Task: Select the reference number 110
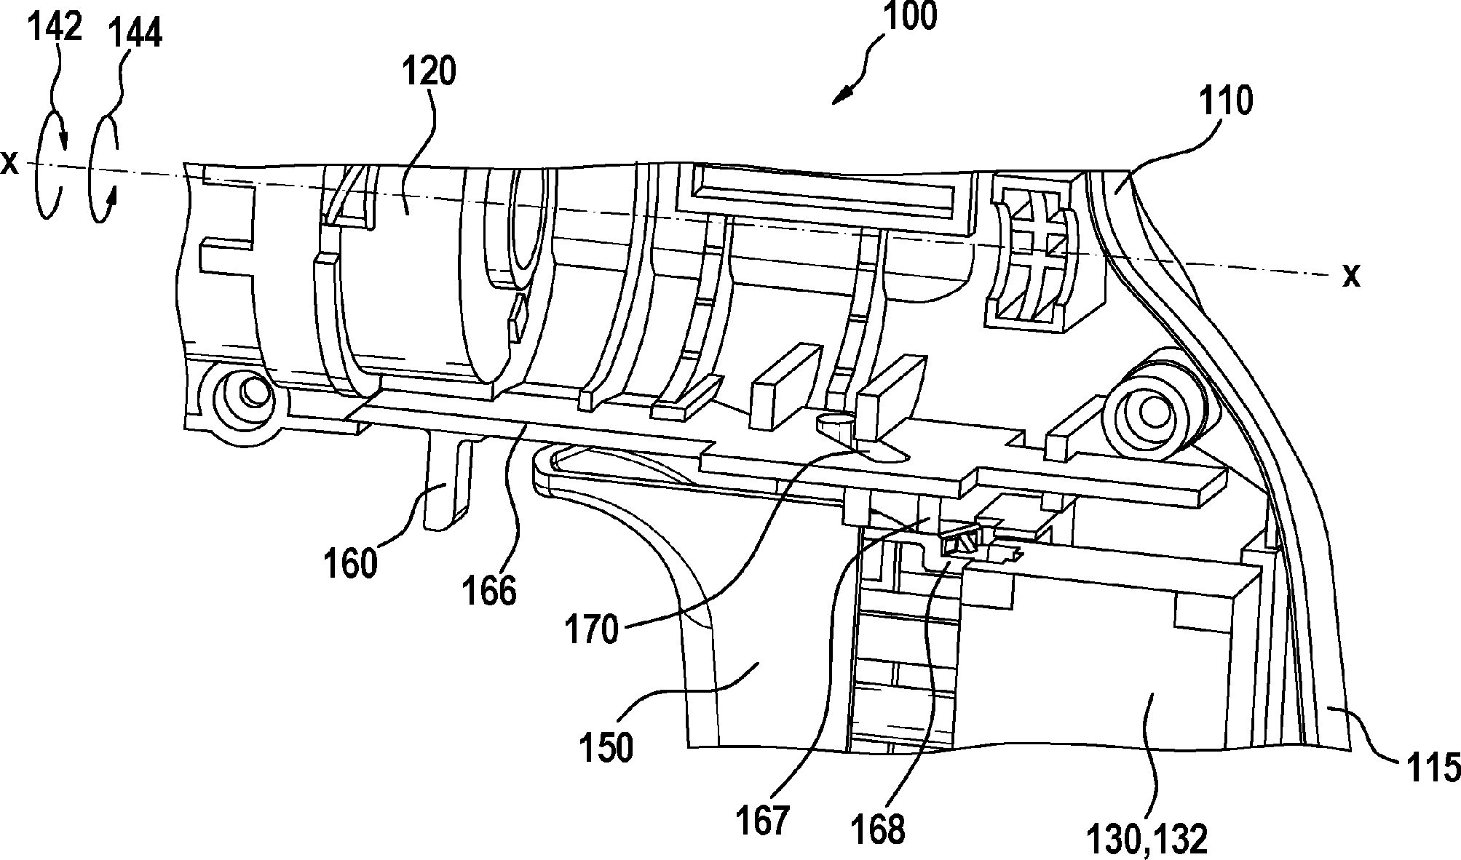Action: click(x=1227, y=102)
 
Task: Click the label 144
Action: click(x=134, y=32)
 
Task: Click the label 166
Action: click(x=489, y=591)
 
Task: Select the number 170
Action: click(x=592, y=629)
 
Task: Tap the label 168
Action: click(x=879, y=828)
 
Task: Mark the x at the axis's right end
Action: click(x=1351, y=276)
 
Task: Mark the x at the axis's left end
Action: click(x=9, y=163)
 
